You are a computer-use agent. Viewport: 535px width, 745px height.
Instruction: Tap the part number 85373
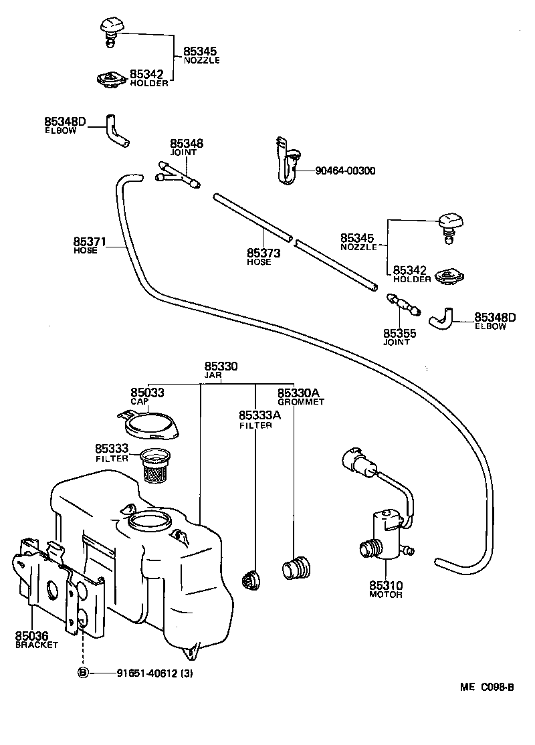pyautogui.click(x=263, y=253)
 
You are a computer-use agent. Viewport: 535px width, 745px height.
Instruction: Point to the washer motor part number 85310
pyautogui.click(x=386, y=584)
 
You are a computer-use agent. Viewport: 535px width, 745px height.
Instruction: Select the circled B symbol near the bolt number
pyautogui.click(x=83, y=672)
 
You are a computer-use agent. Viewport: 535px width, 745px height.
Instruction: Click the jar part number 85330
pyautogui.click(x=221, y=366)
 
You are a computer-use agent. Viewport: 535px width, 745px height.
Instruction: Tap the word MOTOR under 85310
pyautogui.click(x=386, y=594)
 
